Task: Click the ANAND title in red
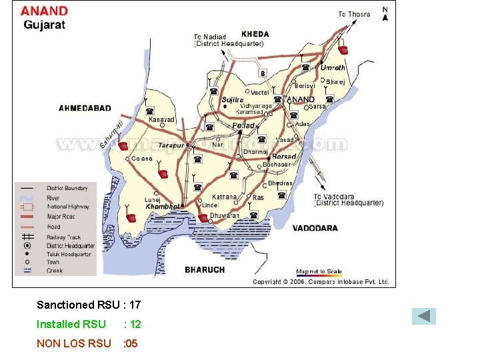(44, 11)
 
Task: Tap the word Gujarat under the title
(45, 25)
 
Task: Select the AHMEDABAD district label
(85, 108)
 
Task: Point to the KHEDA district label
(255, 33)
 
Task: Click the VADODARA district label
(315, 228)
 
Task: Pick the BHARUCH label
(205, 270)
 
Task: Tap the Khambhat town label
(163, 207)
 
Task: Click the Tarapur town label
(171, 145)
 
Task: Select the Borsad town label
(285, 157)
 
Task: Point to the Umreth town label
(333, 68)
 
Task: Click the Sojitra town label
(233, 100)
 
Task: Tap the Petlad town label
(243, 126)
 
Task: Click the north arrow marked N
(385, 14)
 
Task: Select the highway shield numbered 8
(263, 73)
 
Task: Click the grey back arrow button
(423, 316)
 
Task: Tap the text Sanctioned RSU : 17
(89, 305)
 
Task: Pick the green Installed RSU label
(71, 324)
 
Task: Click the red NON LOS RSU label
(74, 343)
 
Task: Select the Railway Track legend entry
(63, 237)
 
